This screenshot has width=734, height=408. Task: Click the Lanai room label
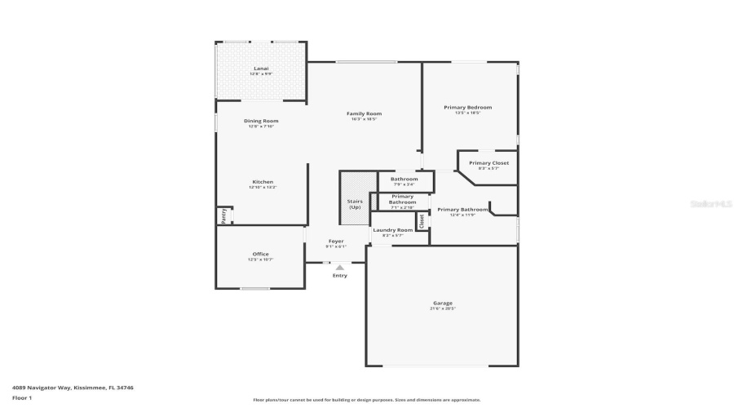click(x=261, y=69)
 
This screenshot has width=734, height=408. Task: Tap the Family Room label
click(x=364, y=113)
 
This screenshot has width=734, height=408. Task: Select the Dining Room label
click(x=261, y=121)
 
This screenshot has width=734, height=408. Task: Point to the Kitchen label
click(x=262, y=182)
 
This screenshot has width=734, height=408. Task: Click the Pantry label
click(x=222, y=216)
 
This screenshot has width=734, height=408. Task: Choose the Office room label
click(x=260, y=254)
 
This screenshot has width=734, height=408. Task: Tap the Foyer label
click(x=336, y=241)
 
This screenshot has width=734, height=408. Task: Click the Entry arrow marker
click(x=340, y=267)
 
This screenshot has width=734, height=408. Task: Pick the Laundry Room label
click(x=393, y=230)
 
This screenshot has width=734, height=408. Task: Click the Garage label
click(x=443, y=303)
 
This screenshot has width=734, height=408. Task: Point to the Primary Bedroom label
click(x=467, y=107)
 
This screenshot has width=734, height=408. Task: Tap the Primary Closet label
click(x=489, y=163)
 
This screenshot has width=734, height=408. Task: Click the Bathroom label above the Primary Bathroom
click(x=404, y=179)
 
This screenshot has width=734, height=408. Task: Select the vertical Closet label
click(x=422, y=220)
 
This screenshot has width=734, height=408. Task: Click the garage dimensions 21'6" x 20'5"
click(x=443, y=309)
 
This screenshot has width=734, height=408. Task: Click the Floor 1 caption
click(x=21, y=397)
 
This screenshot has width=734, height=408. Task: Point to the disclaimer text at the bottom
click(x=366, y=400)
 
